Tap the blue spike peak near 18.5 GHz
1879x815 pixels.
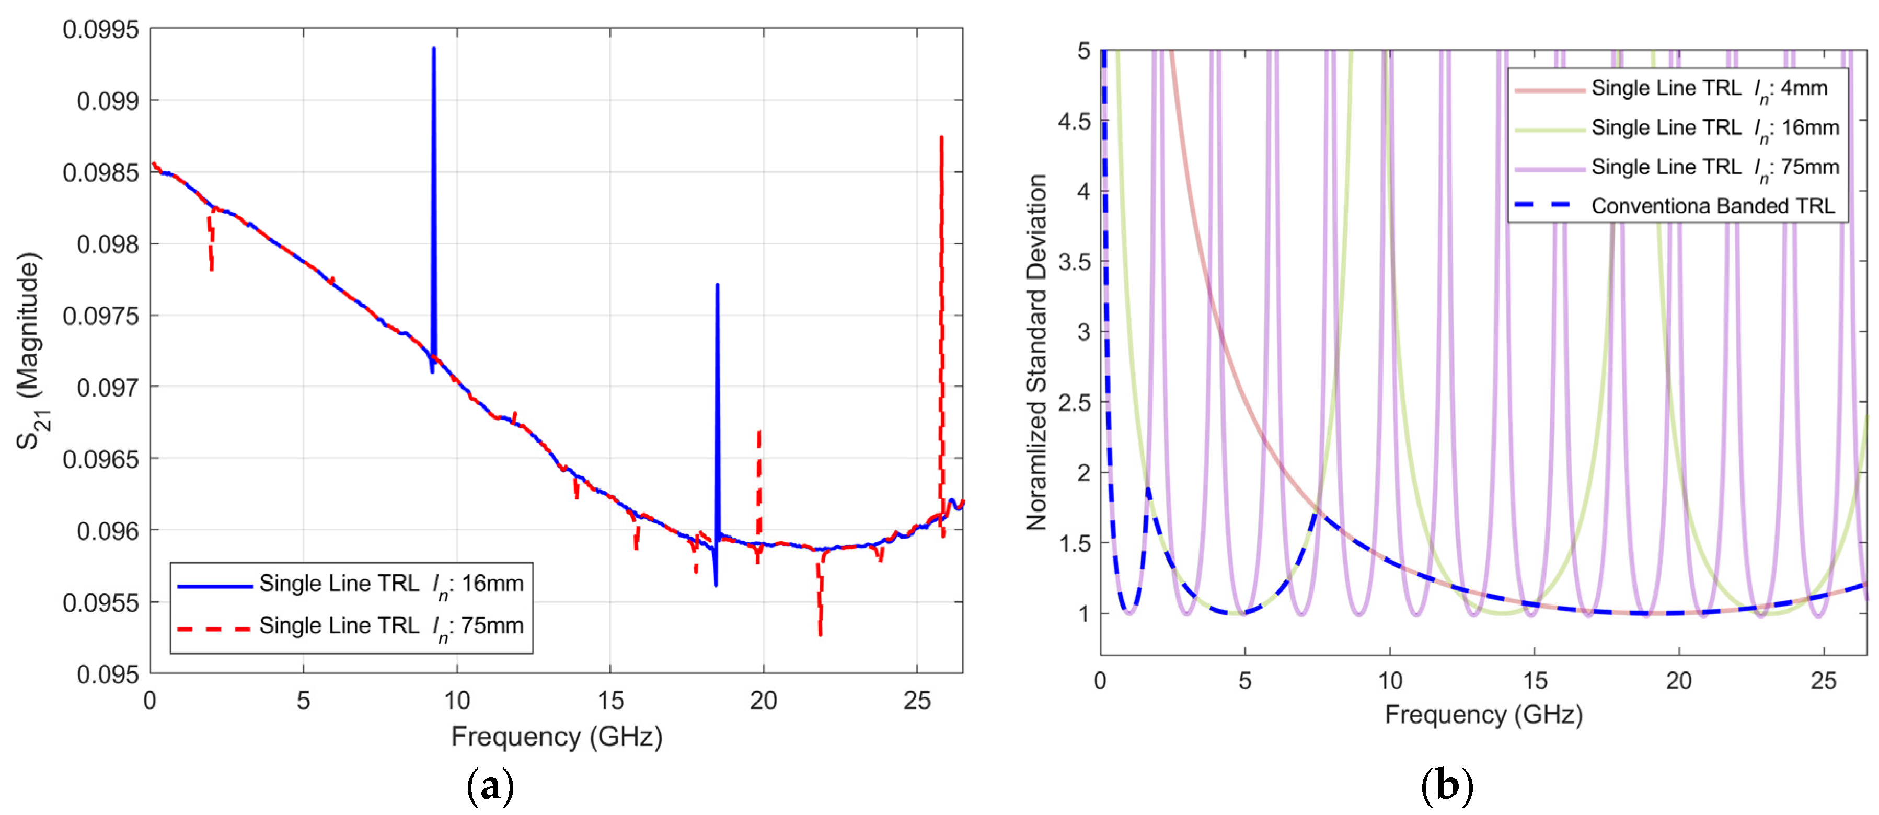(717, 286)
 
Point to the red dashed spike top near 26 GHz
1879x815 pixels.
(941, 138)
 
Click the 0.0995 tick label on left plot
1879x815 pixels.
(101, 30)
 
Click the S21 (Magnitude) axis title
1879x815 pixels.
(31, 351)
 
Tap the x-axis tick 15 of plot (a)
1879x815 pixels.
(610, 701)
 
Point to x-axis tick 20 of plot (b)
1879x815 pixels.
(1678, 681)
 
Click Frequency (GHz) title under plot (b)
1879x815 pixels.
(1483, 714)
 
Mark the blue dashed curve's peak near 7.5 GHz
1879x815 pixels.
(1316, 514)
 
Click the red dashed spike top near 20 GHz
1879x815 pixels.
(759, 432)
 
